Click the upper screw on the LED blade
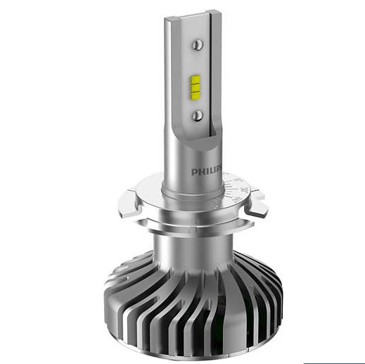[198, 44]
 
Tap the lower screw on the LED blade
[198, 115]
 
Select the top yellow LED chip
[196, 80]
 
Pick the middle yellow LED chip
[196, 88]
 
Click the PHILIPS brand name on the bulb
[207, 172]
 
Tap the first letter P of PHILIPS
[194, 172]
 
